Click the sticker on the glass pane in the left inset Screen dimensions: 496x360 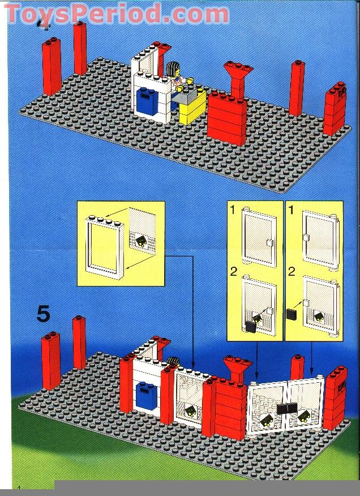(x=139, y=243)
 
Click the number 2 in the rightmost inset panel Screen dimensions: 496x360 (x=292, y=271)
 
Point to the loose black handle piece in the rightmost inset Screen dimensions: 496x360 (x=292, y=314)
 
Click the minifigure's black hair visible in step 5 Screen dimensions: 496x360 (x=174, y=363)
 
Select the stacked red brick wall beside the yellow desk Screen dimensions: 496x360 (x=226, y=118)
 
